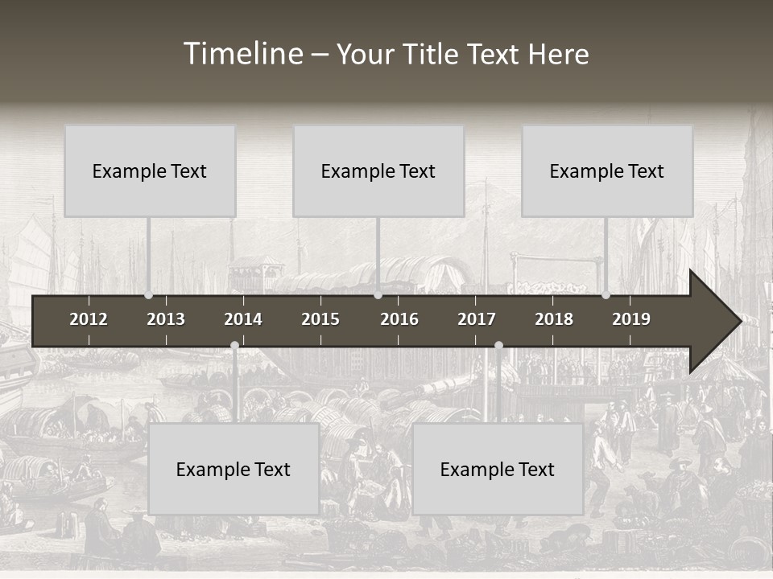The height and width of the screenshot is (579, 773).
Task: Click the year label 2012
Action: (x=89, y=319)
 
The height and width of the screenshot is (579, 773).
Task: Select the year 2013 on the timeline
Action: (x=166, y=319)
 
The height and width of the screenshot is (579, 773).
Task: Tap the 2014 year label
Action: (x=243, y=319)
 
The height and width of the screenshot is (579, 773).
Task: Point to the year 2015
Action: (x=320, y=319)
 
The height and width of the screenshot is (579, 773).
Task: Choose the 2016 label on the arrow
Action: (x=399, y=319)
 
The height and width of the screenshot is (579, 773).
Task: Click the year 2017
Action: (x=477, y=319)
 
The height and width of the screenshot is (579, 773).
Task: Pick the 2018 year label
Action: (x=554, y=319)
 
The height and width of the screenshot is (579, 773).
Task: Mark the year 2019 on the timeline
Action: (x=631, y=319)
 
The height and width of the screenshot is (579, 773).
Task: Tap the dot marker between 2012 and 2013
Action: (x=148, y=295)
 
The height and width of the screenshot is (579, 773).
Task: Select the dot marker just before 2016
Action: (x=378, y=295)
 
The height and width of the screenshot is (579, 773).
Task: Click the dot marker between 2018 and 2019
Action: (x=606, y=295)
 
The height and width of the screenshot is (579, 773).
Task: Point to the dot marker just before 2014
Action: (x=234, y=346)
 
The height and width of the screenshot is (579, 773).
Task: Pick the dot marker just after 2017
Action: (x=498, y=346)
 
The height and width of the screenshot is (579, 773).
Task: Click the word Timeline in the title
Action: (x=242, y=53)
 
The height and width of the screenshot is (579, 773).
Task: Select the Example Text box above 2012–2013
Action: (x=150, y=171)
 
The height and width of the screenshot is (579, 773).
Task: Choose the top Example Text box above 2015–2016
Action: (x=378, y=171)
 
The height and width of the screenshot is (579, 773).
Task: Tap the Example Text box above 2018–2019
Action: (x=607, y=171)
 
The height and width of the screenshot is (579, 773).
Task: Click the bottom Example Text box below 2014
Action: (x=234, y=470)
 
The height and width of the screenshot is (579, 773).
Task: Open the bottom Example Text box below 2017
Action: (x=498, y=470)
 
